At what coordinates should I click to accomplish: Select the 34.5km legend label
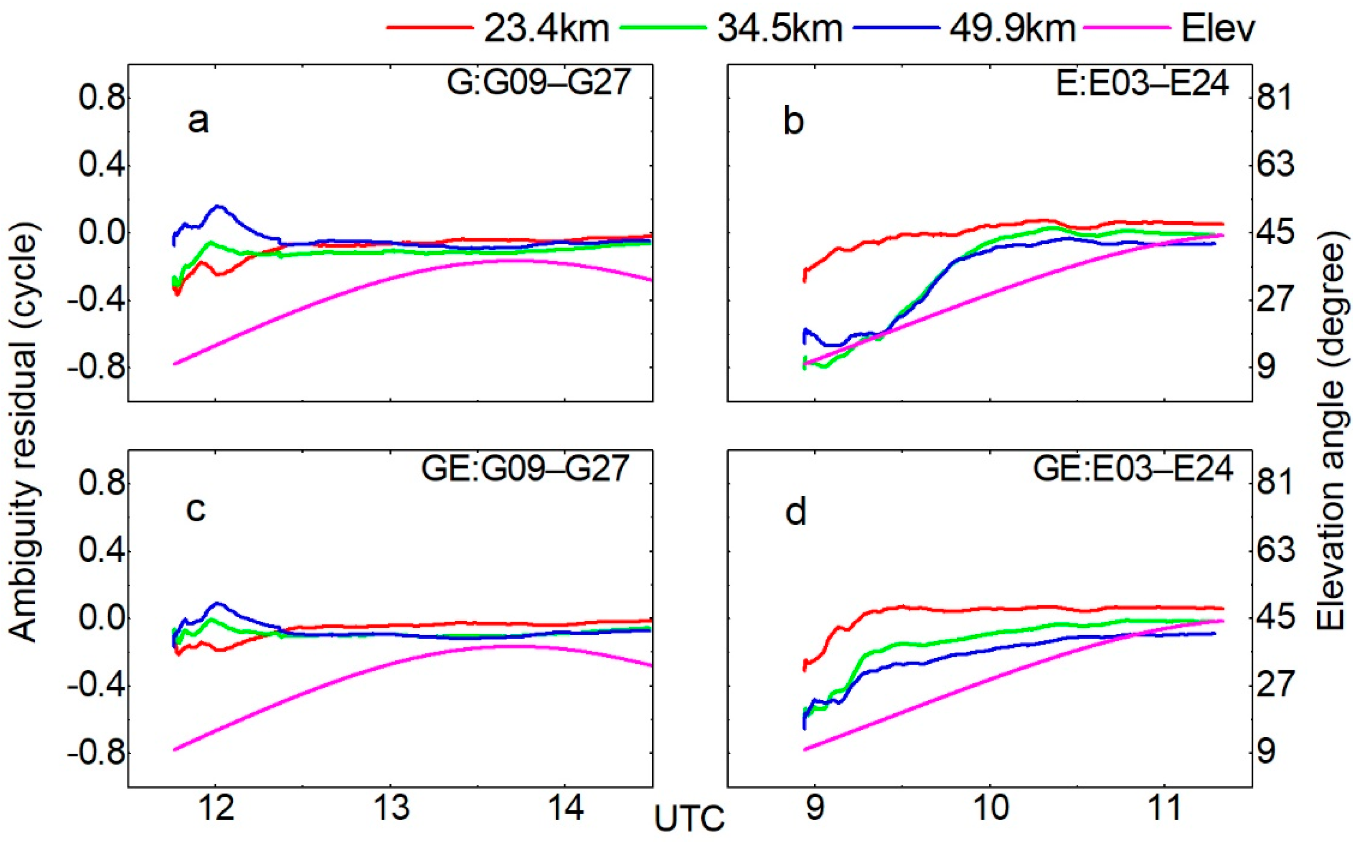[780, 29]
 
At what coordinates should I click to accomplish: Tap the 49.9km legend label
[1012, 29]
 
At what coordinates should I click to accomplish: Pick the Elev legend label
[1218, 29]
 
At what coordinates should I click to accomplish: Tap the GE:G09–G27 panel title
[525, 469]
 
